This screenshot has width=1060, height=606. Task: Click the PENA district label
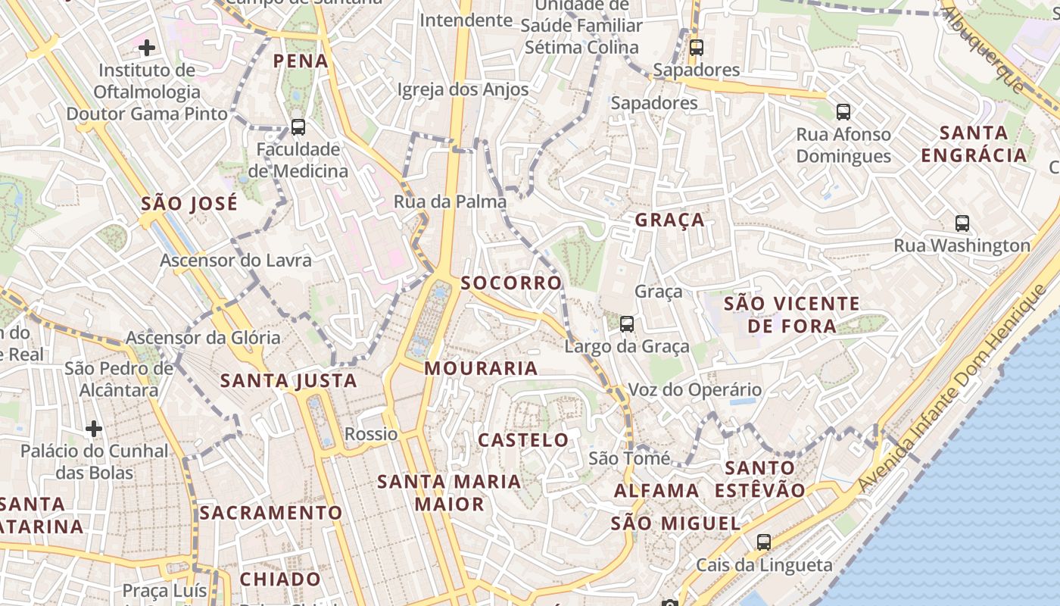point(301,61)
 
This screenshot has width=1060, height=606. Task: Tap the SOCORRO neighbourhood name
point(512,283)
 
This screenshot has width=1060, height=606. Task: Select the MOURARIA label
point(481,368)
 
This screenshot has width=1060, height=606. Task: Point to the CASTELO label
point(523,439)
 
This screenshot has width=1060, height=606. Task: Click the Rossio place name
point(371,434)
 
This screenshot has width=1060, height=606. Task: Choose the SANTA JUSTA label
point(288,380)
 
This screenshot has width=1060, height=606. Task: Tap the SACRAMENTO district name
point(271,513)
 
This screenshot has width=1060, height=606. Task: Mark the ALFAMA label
point(656,490)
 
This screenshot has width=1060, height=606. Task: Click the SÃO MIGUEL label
point(675,523)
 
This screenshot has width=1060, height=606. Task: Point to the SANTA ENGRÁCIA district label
point(973,144)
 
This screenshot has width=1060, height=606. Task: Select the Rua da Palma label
point(450,201)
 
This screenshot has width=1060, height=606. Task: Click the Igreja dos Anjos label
point(463,89)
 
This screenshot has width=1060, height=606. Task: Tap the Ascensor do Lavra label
point(235,261)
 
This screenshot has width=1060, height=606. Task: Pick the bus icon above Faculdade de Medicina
point(298,127)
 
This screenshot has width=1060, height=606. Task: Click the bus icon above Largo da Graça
point(627,324)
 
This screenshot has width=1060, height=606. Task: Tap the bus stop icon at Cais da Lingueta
point(764,542)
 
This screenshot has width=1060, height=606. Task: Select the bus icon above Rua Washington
point(962,223)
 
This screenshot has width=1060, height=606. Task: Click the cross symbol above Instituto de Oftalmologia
point(147,48)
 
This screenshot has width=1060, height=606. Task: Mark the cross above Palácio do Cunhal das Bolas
point(94,429)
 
